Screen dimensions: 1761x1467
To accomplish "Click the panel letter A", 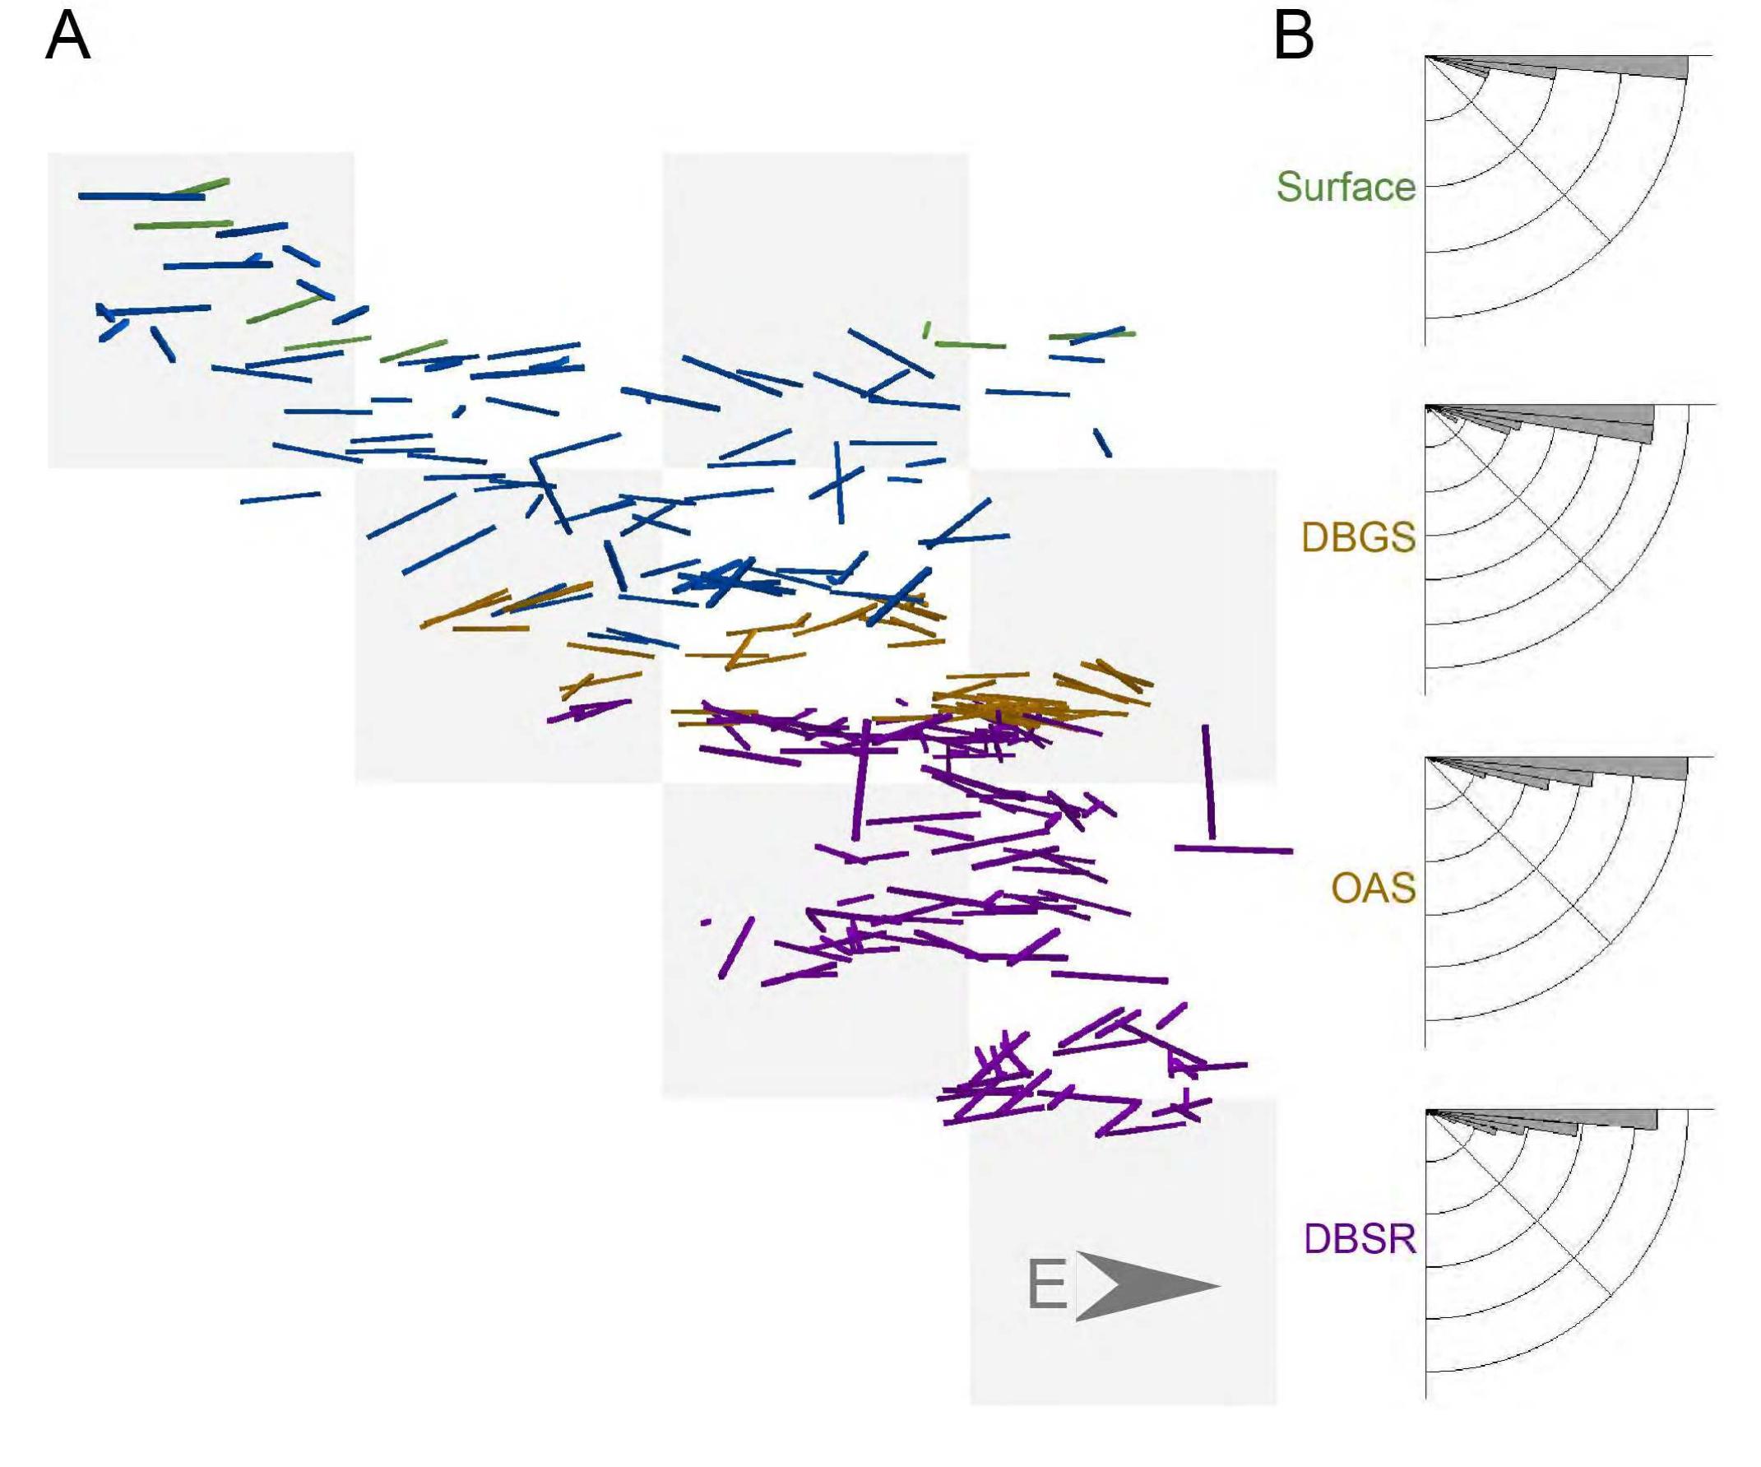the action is [x=67, y=37].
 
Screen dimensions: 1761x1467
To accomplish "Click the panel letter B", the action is [x=1293, y=37].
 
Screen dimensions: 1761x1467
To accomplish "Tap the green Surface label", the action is [x=1346, y=186].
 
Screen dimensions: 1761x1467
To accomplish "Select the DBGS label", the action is [x=1359, y=536].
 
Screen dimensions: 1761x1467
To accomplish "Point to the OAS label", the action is [x=1374, y=888].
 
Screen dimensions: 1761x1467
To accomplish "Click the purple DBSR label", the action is [x=1360, y=1238].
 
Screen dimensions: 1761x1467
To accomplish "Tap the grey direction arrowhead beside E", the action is [x=1147, y=1286].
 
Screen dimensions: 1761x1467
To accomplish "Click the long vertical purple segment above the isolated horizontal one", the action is [x=1208, y=782].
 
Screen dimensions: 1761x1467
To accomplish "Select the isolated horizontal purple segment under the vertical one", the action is [x=1234, y=850].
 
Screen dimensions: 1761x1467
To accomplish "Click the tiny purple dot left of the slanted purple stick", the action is [x=706, y=922].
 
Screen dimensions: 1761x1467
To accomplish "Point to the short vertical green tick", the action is [x=927, y=330].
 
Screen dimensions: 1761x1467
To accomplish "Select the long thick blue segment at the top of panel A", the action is [x=141, y=197].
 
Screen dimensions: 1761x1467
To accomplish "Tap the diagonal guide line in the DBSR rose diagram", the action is [x=1518, y=1202].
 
